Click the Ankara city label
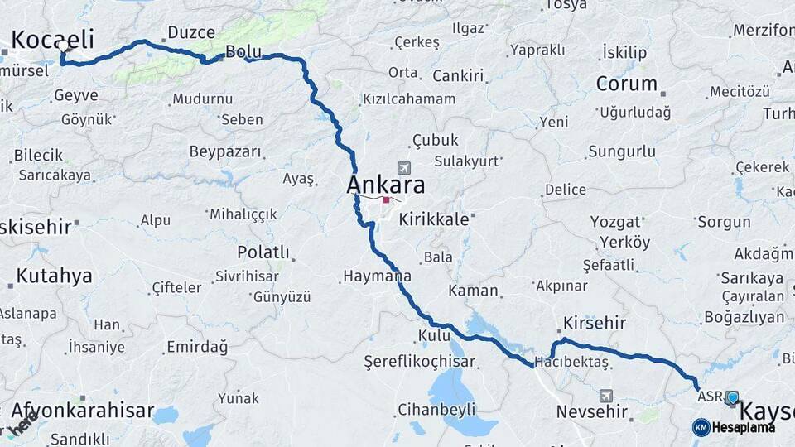386,185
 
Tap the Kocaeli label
52,39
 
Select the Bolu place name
243,51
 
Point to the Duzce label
191,32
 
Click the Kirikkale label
434,219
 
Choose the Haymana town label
377,276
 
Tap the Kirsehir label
594,323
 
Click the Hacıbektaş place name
572,362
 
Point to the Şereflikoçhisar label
420,362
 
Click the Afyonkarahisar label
83,410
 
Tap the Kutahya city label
54,276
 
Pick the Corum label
626,84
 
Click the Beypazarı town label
225,151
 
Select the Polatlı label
263,252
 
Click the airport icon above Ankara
404,167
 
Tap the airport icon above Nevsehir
607,396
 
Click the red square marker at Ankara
386,199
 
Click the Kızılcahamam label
408,99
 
